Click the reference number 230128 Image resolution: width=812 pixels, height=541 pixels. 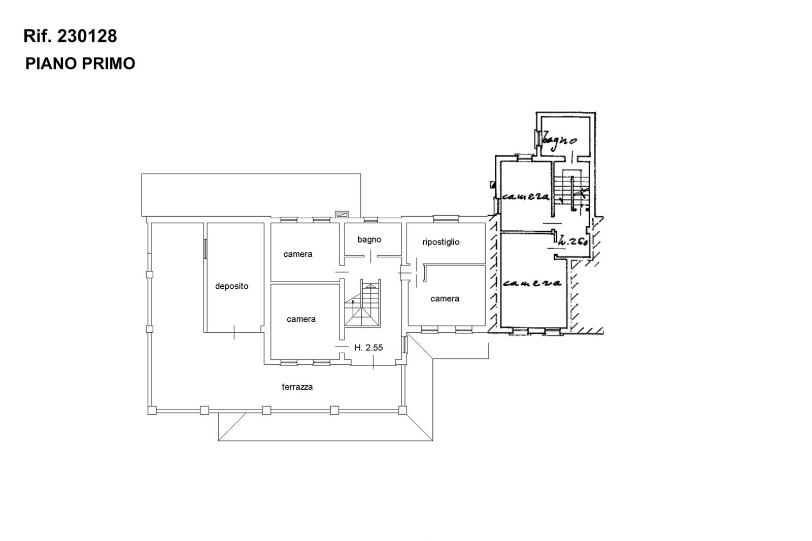87,36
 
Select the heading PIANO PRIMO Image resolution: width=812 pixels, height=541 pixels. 80,63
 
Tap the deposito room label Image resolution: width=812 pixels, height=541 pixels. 231,286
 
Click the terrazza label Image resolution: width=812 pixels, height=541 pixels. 297,387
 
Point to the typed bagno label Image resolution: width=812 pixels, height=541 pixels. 369,240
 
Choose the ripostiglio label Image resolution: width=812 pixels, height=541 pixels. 441,242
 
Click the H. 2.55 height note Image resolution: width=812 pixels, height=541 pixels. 368,348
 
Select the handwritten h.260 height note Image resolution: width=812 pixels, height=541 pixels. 573,241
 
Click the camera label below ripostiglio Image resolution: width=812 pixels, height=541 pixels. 445,299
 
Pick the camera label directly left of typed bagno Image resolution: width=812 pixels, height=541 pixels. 297,254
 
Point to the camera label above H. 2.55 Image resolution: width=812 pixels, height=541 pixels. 301,319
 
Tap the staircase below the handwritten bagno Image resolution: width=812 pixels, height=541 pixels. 571,190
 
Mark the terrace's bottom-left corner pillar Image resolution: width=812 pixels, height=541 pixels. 152,411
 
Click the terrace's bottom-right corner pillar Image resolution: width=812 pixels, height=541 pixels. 402,411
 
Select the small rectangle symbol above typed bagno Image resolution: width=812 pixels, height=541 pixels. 342,214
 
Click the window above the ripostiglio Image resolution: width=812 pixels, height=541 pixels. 446,219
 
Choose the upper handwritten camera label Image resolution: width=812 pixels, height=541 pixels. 526,196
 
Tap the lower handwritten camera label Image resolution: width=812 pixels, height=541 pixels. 532,283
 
